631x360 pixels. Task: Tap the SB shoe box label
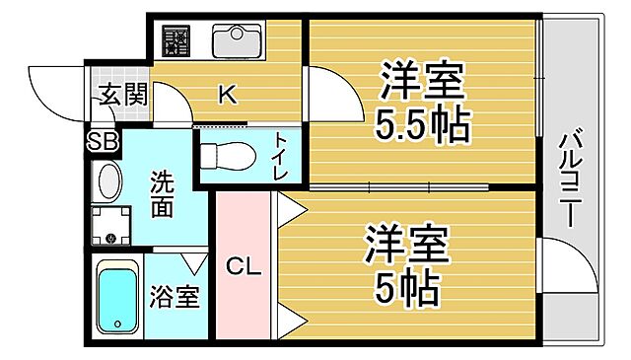104,140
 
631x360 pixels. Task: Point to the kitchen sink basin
236,41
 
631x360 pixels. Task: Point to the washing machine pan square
110,224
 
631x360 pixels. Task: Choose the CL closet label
244,265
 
